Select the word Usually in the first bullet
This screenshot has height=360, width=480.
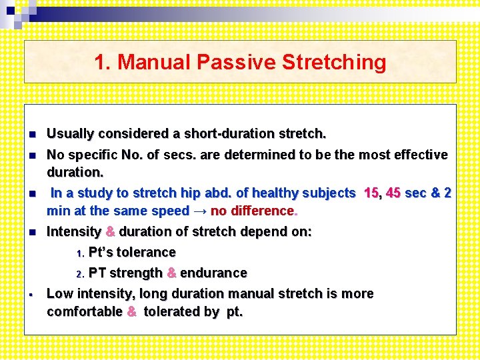pos(70,134)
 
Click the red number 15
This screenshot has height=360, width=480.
pos(372,193)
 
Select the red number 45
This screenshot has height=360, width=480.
pos(393,193)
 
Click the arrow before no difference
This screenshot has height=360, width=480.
pos(199,211)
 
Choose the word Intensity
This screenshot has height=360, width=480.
pos(73,232)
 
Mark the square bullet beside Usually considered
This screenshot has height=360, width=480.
pos(31,135)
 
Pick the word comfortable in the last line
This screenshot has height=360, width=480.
pos(85,312)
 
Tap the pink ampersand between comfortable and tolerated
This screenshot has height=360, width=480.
pos(132,312)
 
